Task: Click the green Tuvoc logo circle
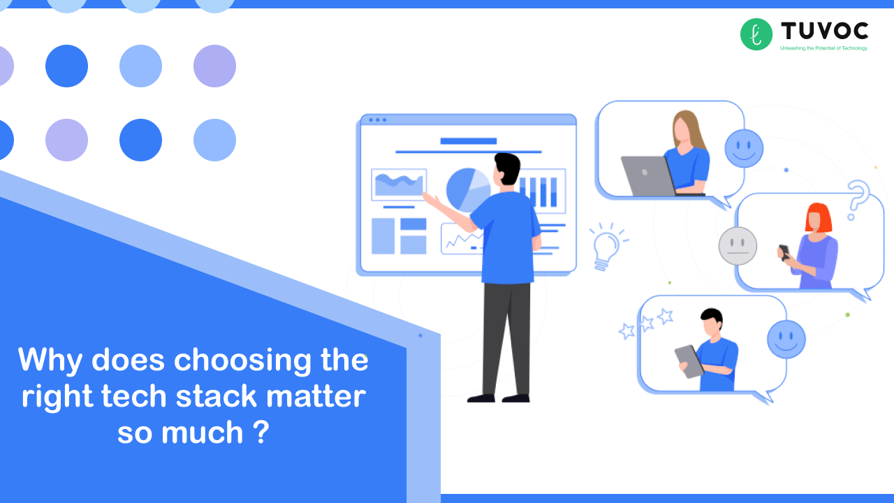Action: tap(756, 34)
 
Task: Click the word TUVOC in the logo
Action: tap(824, 31)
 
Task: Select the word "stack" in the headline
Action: tap(207, 397)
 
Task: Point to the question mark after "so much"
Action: tap(260, 432)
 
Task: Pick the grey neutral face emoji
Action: tap(738, 246)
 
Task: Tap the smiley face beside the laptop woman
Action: tap(744, 148)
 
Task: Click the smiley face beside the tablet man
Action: tap(786, 340)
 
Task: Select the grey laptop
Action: tap(647, 175)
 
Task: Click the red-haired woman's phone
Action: tap(784, 251)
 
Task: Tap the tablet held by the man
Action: tap(689, 361)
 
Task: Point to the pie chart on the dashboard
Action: tap(468, 189)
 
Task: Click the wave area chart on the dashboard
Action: tap(399, 184)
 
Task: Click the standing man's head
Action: tap(507, 170)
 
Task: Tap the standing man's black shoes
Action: tap(499, 398)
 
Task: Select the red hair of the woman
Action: tap(819, 217)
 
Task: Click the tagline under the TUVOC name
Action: tap(823, 48)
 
